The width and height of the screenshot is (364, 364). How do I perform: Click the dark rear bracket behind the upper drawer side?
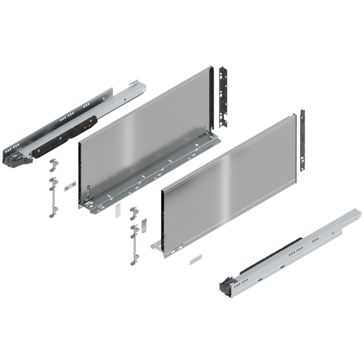pyautogui.click(x=224, y=96)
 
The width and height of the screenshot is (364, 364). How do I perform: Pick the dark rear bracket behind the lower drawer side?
pyautogui.click(x=303, y=140)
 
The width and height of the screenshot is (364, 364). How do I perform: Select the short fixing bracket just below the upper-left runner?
pyautogui.click(x=54, y=165)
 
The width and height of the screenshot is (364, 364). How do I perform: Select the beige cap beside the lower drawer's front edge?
pyautogui.click(x=144, y=225)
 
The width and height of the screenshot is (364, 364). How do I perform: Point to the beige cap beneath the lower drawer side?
pyautogui.click(x=195, y=259)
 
